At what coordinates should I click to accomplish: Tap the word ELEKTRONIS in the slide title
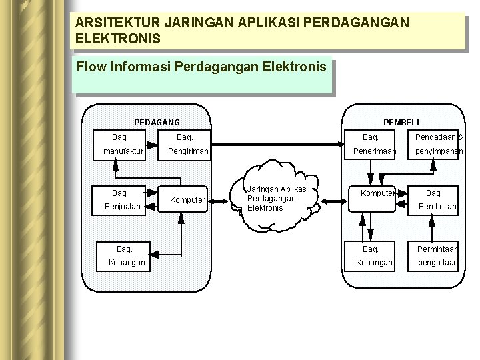(118, 39)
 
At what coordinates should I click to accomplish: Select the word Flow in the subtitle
(90, 67)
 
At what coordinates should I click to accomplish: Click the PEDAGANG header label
(157, 122)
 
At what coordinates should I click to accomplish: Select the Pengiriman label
(187, 152)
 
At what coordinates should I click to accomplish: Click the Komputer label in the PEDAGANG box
(187, 199)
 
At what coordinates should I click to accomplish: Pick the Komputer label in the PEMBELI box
(378, 193)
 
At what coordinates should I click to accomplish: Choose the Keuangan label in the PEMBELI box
(374, 263)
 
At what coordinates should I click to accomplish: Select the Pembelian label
(437, 207)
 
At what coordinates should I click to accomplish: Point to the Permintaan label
(437, 249)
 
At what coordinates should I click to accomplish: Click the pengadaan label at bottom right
(437, 263)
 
